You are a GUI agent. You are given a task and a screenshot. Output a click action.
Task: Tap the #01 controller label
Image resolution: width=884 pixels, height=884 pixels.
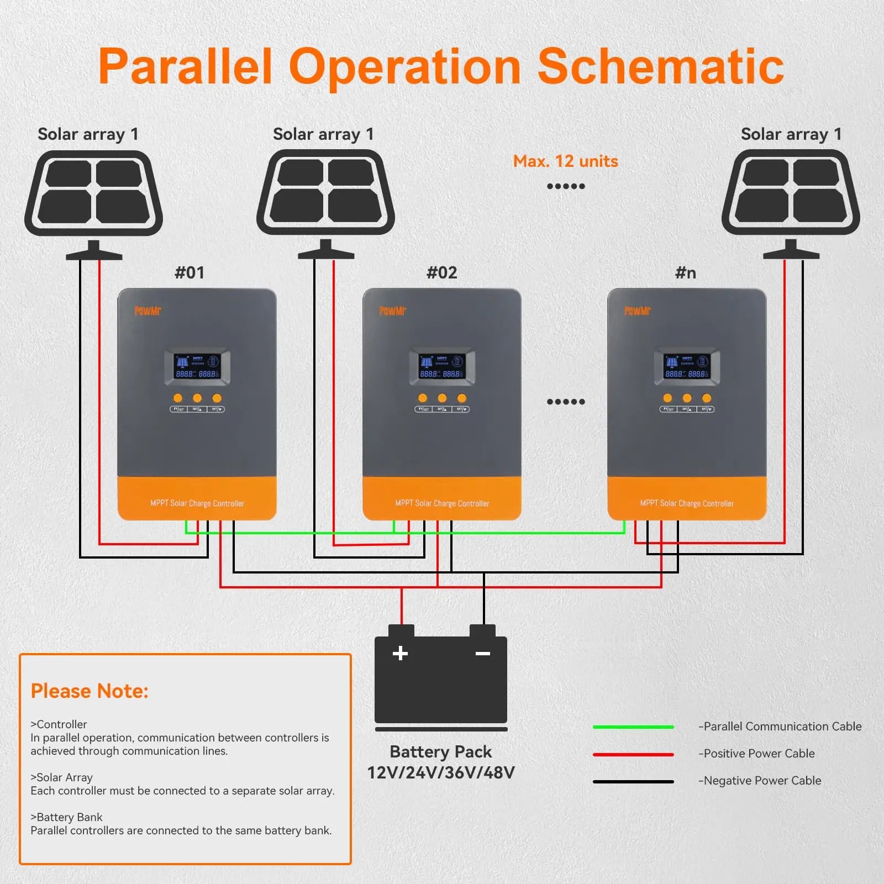[190, 272]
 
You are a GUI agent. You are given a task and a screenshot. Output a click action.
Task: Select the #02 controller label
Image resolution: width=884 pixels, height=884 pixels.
[442, 272]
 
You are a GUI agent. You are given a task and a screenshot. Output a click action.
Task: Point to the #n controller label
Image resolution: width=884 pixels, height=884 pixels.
[686, 272]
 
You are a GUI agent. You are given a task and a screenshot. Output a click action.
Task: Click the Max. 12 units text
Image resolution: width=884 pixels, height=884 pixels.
[565, 161]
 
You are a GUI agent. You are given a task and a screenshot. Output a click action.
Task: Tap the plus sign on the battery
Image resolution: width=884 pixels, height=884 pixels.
[400, 654]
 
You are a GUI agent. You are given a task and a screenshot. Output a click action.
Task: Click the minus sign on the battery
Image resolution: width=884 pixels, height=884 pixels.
[483, 654]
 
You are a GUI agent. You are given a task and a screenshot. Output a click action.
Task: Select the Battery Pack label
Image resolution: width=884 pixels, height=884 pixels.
[440, 751]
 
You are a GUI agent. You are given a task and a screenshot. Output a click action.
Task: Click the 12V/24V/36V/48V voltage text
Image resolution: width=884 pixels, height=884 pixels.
[441, 772]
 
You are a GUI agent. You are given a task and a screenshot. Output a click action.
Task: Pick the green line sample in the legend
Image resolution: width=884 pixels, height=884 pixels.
[633, 727]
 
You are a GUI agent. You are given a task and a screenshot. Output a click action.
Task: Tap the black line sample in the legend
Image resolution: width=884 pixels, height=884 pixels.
[633, 781]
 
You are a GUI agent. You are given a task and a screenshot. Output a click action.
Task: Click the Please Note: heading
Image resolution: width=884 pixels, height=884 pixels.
[90, 691]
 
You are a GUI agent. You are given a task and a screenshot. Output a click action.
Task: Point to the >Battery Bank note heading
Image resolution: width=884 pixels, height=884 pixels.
[66, 817]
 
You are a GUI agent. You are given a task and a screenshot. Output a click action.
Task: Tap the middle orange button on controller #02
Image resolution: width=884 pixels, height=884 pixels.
[442, 398]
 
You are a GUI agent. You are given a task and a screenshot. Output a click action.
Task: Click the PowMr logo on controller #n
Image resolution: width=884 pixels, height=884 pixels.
[638, 311]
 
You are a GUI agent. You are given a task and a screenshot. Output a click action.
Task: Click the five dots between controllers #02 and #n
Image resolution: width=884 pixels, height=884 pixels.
[566, 402]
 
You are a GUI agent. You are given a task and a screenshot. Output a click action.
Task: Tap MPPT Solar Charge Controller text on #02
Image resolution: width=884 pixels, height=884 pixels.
[442, 503]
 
